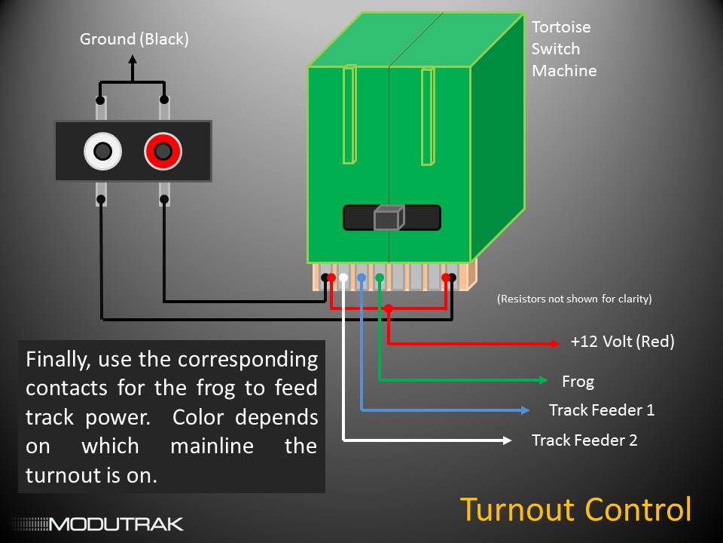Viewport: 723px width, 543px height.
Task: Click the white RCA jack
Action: coord(102,152)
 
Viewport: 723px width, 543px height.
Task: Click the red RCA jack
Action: coord(163,152)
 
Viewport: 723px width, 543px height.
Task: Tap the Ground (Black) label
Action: coord(134,38)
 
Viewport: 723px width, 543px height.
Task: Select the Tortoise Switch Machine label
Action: coord(564,49)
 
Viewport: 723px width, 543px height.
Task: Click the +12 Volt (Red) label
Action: coord(622,342)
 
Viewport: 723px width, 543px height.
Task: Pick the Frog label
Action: coord(578,382)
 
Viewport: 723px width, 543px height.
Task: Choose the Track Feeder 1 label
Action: coord(601,410)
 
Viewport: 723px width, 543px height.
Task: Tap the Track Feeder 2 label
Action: coord(584,440)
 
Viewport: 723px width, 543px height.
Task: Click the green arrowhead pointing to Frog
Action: coord(541,380)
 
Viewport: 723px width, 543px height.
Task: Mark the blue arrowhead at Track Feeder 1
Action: coord(523,410)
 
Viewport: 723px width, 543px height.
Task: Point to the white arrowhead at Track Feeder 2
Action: coord(506,440)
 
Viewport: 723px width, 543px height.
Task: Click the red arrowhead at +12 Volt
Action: coord(555,344)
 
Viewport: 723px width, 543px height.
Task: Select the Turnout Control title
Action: coord(575,509)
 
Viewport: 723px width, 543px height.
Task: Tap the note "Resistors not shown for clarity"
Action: coord(574,299)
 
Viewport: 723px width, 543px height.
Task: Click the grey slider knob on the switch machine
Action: coord(389,218)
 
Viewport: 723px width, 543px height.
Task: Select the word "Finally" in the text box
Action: coord(57,359)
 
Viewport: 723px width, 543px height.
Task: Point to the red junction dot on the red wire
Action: coord(388,308)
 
